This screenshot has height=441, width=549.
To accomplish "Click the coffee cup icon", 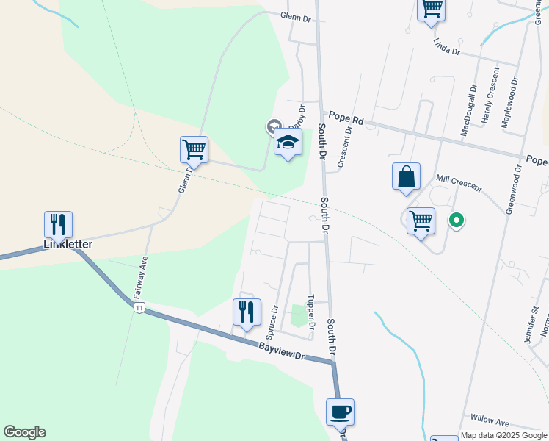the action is tap(340, 411).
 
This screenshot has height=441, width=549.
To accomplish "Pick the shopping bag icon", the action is tap(406, 176).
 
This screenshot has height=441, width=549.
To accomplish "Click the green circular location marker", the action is tap(456, 220).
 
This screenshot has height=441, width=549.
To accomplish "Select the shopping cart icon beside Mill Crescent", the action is tap(421, 220).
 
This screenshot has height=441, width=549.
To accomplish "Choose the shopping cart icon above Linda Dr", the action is tap(432, 9).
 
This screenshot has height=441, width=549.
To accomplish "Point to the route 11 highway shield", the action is tap(138, 307).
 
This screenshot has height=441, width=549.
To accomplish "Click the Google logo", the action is tap(24, 432).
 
